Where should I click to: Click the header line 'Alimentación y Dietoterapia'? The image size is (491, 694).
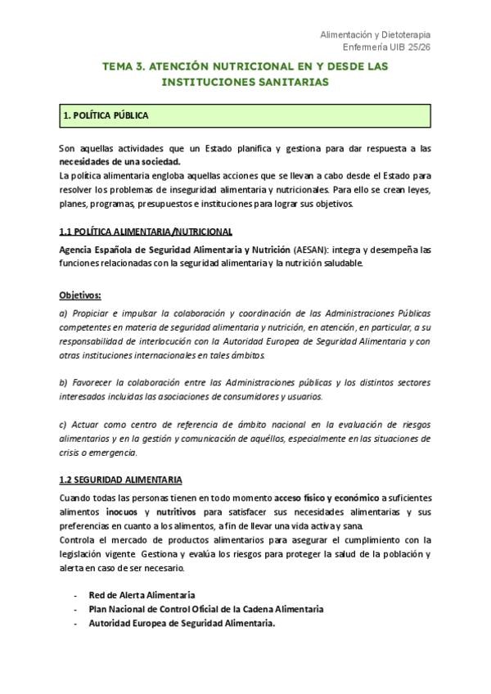374,34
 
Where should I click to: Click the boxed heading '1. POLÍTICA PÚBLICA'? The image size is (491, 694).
106,116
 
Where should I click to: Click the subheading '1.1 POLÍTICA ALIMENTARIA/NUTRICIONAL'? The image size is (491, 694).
146,232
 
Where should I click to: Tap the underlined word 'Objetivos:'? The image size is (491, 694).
79,294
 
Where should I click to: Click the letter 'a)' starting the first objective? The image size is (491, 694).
64,313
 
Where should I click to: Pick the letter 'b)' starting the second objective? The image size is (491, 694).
64,382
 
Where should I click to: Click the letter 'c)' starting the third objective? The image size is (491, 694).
64,425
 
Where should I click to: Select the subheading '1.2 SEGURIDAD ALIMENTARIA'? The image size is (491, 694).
120,480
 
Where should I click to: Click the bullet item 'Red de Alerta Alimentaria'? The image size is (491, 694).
142,595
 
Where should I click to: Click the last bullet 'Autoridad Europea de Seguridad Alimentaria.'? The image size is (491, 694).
182,623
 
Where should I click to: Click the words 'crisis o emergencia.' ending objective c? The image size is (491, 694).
99,453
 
